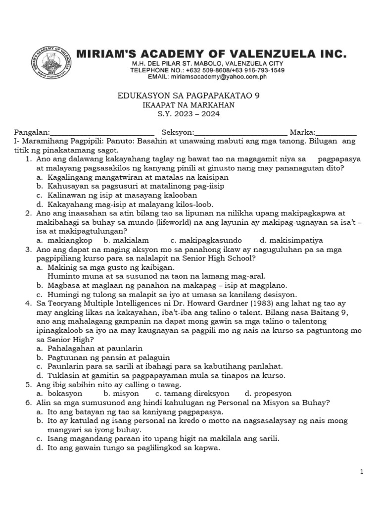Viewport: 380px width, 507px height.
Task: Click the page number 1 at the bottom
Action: pos(362,472)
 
